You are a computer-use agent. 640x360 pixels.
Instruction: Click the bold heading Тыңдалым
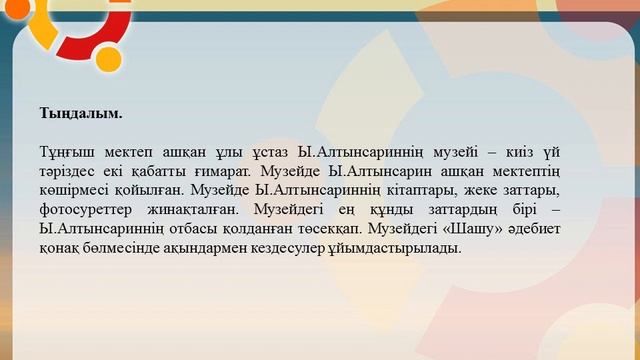(81, 115)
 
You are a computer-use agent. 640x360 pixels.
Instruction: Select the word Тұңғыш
(64, 151)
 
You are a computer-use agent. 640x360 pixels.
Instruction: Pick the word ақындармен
(187, 249)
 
